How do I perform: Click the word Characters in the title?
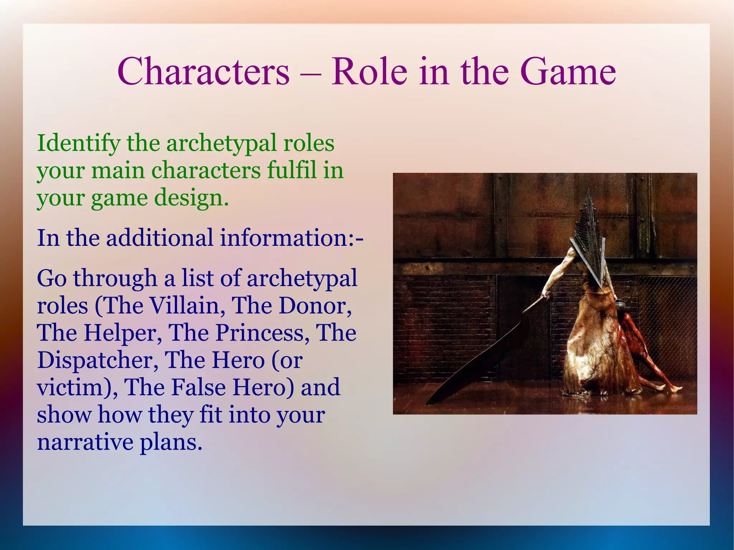203,72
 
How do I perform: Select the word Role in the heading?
369,72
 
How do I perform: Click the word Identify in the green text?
78,143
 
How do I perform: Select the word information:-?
291,238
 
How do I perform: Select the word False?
198,387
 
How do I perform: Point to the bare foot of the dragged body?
674,388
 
